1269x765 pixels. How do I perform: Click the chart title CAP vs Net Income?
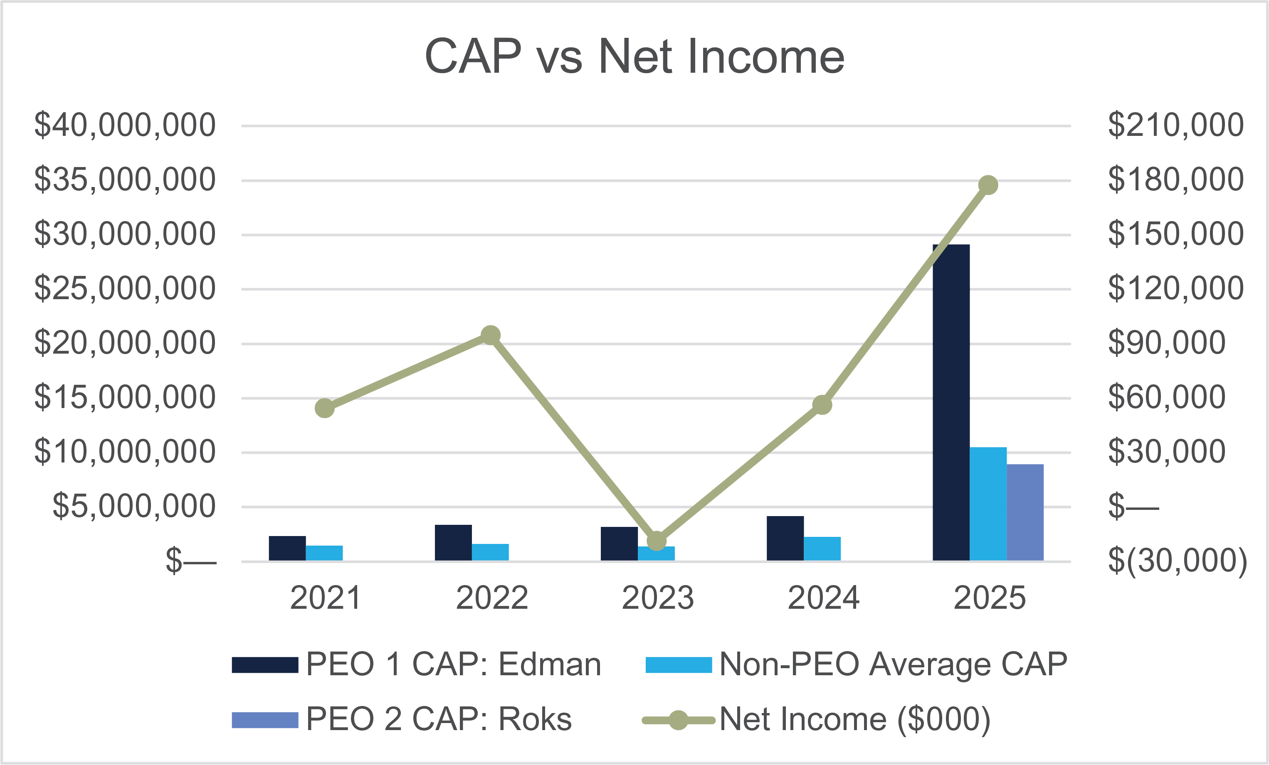pos(634,57)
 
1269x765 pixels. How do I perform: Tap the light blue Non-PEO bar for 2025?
pos(988,504)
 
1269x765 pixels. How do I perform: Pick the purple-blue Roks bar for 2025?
pos(1025,513)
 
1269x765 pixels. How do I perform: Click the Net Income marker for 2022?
pos(490,336)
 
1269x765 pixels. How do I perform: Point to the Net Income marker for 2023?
pos(657,541)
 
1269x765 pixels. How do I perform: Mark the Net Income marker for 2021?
pos(324,408)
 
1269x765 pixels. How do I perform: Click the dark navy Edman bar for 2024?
pos(785,539)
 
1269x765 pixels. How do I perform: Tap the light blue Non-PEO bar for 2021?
pos(324,553)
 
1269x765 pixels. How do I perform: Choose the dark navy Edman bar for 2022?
pos(453,543)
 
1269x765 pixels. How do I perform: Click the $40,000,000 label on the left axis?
pos(125,125)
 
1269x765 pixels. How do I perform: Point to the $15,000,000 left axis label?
pos(125,397)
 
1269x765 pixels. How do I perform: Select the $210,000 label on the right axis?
pos(1175,125)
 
